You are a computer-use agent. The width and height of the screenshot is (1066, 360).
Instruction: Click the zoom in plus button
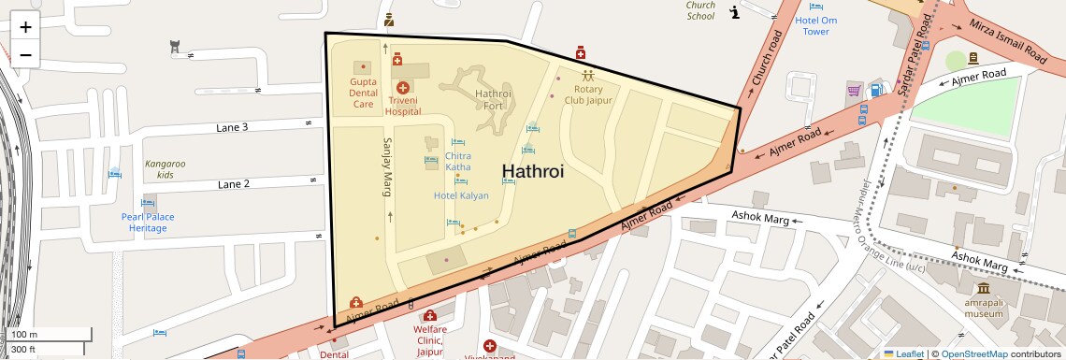click(25, 26)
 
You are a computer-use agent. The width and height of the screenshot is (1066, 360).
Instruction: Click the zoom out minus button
click(25, 54)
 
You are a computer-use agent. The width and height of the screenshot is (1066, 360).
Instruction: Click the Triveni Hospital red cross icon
click(402, 87)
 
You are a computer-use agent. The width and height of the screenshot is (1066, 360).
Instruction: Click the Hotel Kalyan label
click(461, 195)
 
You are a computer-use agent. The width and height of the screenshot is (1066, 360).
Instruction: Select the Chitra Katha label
click(457, 161)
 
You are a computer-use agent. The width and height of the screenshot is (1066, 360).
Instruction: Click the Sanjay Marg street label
click(385, 167)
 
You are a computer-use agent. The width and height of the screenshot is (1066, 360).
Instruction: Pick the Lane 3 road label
click(232, 127)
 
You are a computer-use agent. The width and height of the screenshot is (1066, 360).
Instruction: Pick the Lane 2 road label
click(233, 184)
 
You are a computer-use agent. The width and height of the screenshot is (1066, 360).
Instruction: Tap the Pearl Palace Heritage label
click(148, 222)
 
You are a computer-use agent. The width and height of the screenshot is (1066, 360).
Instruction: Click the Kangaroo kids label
click(165, 169)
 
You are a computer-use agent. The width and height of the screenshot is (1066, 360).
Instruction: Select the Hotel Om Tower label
click(815, 25)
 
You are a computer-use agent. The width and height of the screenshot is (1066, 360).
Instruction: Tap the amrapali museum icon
click(985, 288)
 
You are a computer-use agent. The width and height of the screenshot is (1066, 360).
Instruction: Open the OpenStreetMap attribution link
click(973, 353)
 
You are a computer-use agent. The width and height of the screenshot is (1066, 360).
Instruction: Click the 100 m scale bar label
click(24, 335)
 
